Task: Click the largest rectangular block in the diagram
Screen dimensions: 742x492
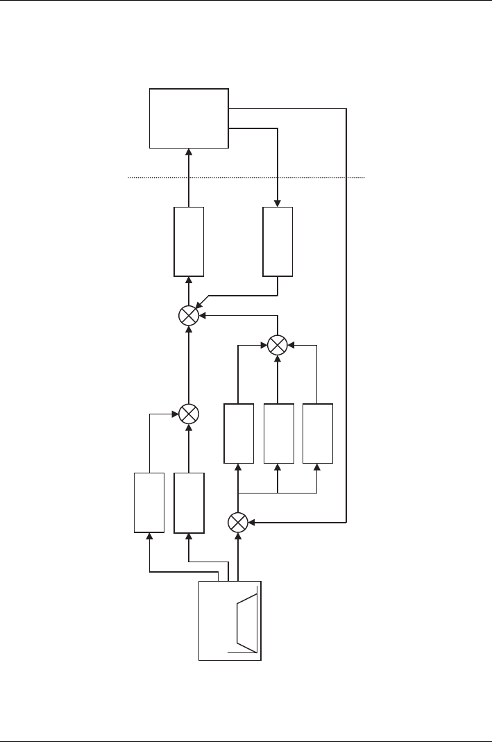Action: click(x=189, y=118)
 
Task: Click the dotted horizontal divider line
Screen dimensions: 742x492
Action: click(x=246, y=178)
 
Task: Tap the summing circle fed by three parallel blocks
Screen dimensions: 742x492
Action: click(x=278, y=344)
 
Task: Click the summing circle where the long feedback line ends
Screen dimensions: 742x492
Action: click(x=238, y=521)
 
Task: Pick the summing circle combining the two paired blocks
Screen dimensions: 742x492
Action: click(x=189, y=414)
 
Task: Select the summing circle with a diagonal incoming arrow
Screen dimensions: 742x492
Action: click(x=189, y=316)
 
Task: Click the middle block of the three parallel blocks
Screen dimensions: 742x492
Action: click(x=278, y=432)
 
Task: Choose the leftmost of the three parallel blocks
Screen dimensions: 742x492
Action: click(x=238, y=432)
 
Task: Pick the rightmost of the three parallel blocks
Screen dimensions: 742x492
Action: click(x=317, y=432)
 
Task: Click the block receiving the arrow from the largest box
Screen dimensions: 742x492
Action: click(x=278, y=241)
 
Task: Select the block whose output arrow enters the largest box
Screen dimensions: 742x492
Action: click(x=189, y=241)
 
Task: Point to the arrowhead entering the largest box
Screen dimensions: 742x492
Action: click(x=189, y=151)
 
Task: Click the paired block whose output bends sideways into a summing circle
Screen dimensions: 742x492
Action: click(x=149, y=503)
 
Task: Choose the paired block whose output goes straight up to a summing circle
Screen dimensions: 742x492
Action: click(x=189, y=503)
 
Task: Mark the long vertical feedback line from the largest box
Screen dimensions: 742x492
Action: click(x=346, y=312)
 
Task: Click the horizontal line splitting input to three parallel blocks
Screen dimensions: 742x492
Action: click(x=278, y=493)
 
